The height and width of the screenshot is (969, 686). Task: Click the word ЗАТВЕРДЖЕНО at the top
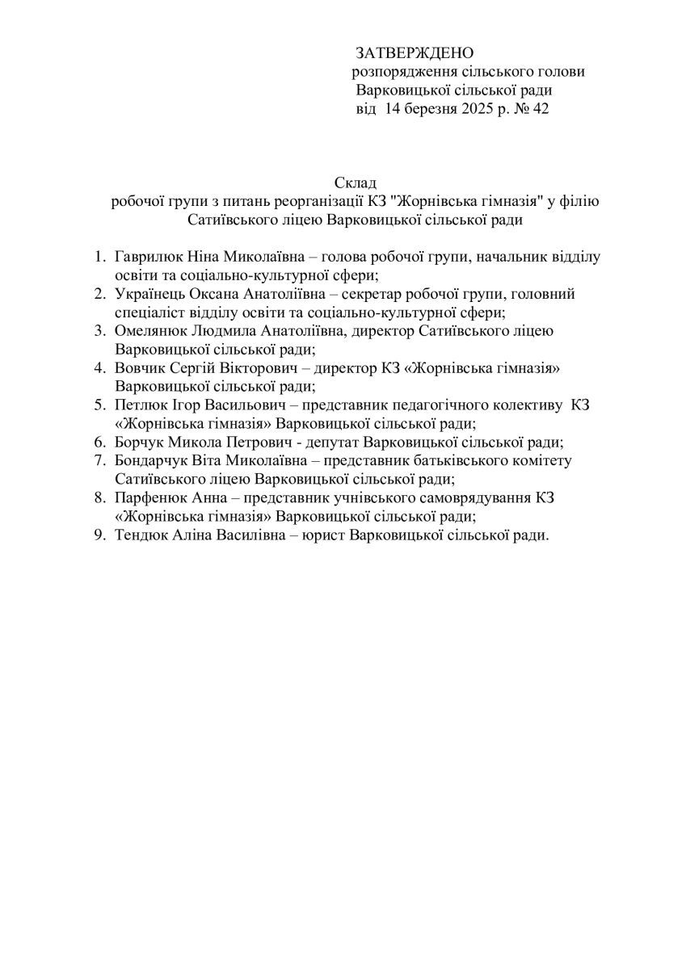(x=413, y=53)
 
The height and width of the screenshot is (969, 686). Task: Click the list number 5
(x=100, y=405)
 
